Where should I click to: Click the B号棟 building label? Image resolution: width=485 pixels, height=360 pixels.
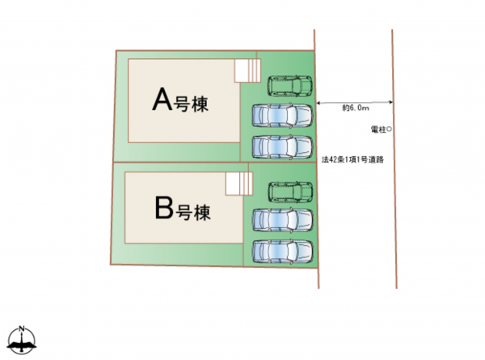pos(182,212)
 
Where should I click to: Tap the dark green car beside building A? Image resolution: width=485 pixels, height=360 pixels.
pos(290,84)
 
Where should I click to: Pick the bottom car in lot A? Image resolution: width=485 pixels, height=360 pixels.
pos(282,147)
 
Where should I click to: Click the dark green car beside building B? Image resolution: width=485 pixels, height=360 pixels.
pos(290,192)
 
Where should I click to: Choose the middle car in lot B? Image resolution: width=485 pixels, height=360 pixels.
pos(282,221)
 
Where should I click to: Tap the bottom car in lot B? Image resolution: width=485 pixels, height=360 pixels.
pos(282,251)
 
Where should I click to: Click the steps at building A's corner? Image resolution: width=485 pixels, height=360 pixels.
pos(246,70)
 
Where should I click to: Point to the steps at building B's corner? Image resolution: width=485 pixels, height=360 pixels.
pos(237,184)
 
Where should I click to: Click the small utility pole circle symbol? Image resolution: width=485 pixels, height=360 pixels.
pos(390,129)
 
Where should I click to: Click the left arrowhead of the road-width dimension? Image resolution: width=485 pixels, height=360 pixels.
pos(319,104)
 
